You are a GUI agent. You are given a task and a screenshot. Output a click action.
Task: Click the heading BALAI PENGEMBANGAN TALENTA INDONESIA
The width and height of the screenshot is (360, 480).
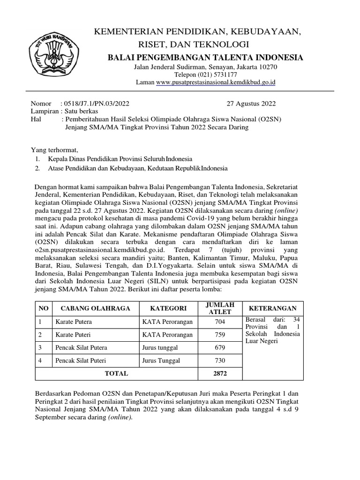pyautogui.click(x=205, y=57)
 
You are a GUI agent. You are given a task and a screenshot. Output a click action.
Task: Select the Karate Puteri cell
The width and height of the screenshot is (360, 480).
pyautogui.click(x=74, y=335)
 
